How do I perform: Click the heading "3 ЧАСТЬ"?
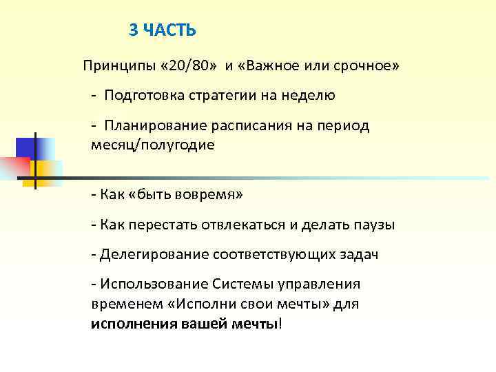163,30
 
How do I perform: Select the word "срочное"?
369,65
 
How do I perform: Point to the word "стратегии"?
221,96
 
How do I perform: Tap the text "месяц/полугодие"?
152,145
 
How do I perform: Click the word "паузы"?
376,225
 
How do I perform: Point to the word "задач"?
358,255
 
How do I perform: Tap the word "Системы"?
237,285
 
